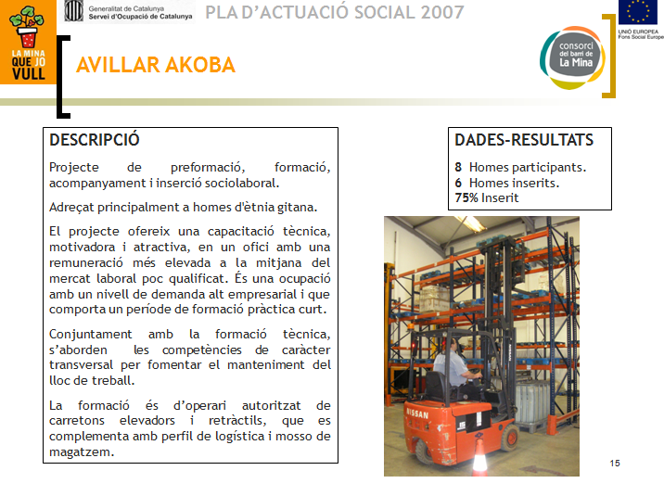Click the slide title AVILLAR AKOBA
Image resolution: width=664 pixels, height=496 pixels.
point(156,65)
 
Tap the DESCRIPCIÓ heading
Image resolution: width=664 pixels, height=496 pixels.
point(95,140)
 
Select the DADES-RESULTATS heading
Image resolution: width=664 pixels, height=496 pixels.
point(524,140)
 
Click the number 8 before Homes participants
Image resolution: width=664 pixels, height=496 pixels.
point(458,167)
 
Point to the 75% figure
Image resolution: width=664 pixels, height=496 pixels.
point(466,197)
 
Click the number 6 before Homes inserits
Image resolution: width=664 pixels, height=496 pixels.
point(458,183)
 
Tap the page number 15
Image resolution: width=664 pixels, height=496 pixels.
point(615,463)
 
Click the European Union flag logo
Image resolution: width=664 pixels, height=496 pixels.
point(638,12)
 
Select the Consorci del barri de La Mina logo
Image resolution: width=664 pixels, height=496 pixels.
point(572,58)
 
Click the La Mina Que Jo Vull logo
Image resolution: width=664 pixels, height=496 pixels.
point(28,42)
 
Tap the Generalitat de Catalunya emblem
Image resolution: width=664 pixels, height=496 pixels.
point(73,11)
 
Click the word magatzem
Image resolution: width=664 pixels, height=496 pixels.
point(82,452)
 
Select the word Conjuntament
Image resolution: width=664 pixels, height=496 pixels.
point(91,335)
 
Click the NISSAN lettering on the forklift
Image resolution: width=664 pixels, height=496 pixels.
point(417,413)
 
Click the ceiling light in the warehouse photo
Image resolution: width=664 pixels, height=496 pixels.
point(471,223)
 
